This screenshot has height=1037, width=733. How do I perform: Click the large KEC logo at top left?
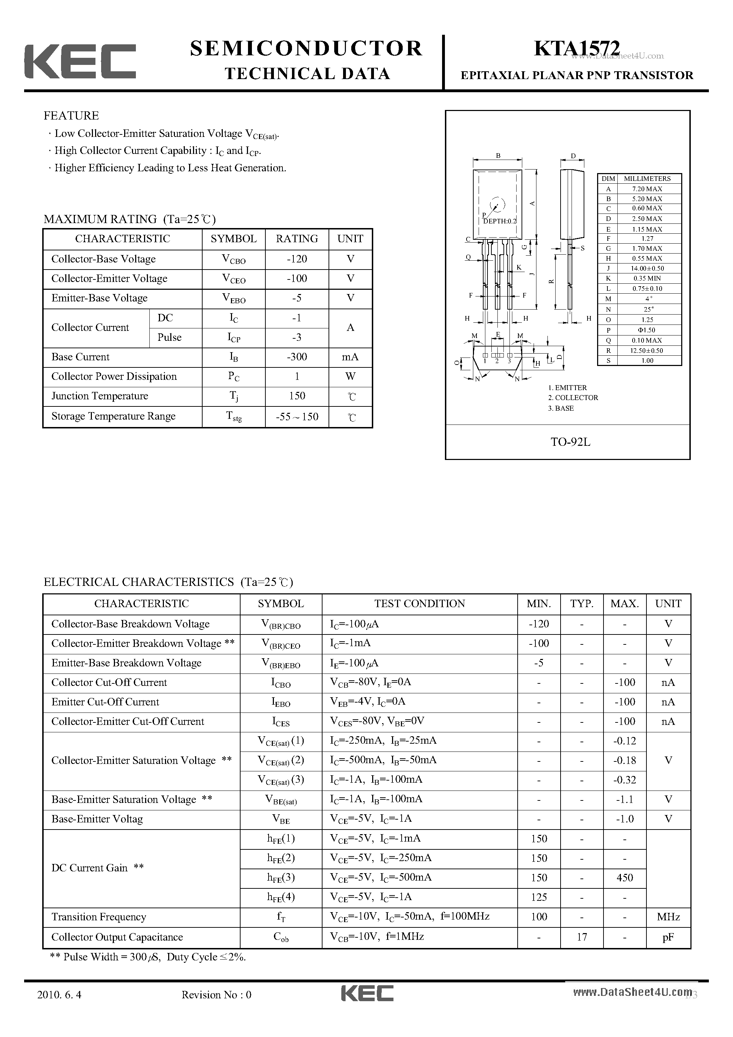coord(80,61)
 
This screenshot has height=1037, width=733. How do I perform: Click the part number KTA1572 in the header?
coord(577,48)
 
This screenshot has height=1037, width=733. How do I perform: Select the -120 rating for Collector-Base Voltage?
coord(297,259)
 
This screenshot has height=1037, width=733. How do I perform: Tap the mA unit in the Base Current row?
coord(350,357)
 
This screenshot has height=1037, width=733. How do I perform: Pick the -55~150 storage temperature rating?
coord(297,416)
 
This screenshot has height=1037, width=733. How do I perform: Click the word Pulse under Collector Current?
coord(170,337)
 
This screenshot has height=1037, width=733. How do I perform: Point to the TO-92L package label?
coord(570,442)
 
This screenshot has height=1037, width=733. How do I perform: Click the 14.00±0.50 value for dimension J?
coord(647,268)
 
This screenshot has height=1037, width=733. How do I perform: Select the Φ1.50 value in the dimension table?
coord(647,330)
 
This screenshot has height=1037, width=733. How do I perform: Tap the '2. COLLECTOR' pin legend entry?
coord(573,398)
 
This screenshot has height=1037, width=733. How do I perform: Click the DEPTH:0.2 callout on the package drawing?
coord(499,221)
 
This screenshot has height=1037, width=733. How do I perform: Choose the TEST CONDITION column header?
coord(419,604)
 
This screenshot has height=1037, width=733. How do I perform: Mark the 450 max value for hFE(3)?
coord(624,877)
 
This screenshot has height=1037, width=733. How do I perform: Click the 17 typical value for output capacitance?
coord(582,937)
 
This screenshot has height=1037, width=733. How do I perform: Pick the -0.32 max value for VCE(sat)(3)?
coord(624,780)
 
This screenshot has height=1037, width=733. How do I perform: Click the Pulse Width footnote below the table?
coord(148,956)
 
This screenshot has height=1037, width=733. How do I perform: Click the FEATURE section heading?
coord(71,116)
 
